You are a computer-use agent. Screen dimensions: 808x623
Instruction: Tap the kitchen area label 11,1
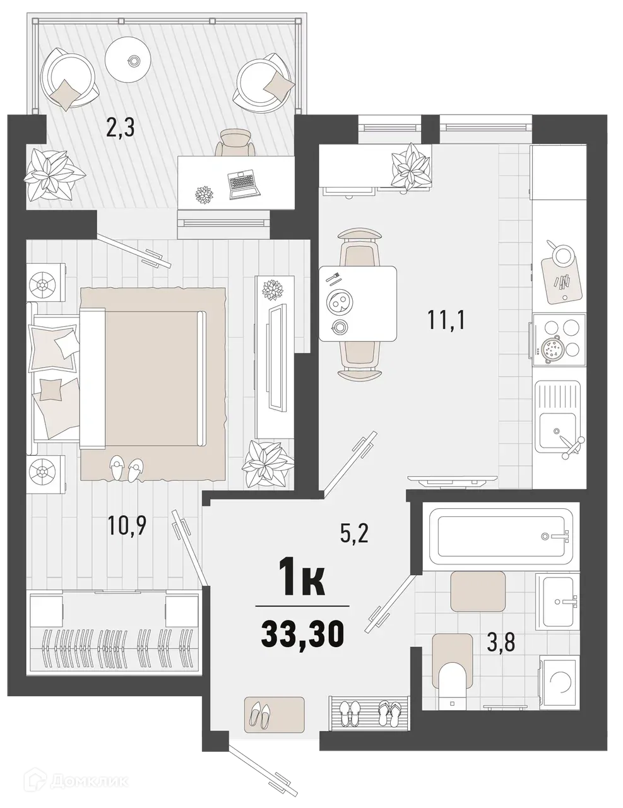[x=446, y=321]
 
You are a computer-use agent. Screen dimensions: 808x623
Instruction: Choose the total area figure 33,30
[x=302, y=633]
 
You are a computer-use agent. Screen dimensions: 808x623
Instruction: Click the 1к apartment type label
[x=302, y=581]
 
